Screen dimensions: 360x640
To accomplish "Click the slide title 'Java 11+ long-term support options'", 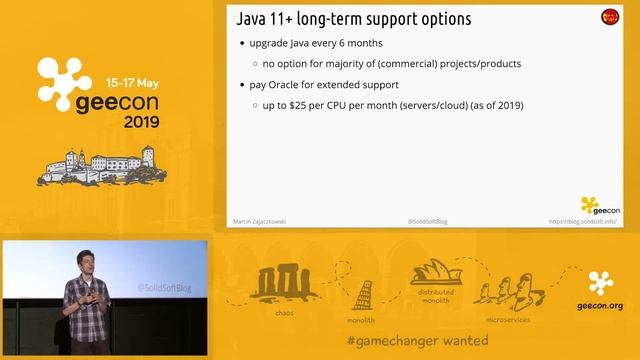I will tap(353, 19).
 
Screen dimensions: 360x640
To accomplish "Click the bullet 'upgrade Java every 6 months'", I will tap(312, 43).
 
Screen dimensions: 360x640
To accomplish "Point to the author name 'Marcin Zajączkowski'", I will tap(257, 221).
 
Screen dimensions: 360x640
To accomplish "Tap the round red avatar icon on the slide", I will tap(609, 17).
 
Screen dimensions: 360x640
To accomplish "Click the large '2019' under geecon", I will tap(149, 123).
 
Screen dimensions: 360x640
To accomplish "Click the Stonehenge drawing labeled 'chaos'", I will tap(285, 283).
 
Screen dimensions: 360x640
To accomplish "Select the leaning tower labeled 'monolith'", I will tap(363, 296).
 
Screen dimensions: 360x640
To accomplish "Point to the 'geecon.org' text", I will tap(600, 306).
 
